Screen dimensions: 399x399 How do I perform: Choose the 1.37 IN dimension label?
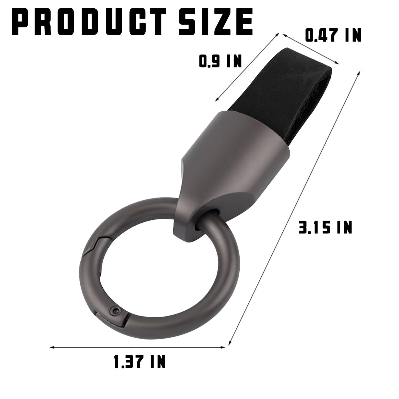click(140, 361)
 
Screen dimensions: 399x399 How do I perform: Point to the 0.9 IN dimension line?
click(248, 66)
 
